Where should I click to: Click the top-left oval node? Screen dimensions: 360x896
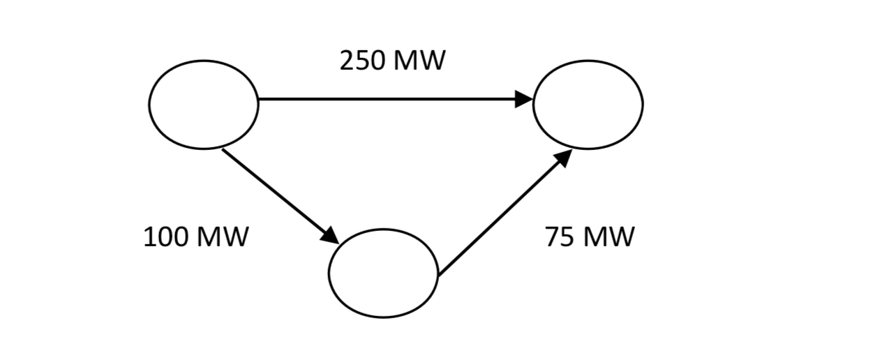coord(203,104)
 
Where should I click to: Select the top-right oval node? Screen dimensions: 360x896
coord(588,104)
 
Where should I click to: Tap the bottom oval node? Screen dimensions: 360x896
coord(383,273)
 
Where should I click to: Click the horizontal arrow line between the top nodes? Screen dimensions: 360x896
coord(384,99)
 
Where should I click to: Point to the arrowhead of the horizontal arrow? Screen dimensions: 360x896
coord(523,99)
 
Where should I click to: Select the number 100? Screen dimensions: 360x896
coord(165,237)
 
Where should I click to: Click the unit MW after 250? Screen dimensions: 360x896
coord(419,61)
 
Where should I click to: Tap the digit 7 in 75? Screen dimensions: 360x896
coord(553,237)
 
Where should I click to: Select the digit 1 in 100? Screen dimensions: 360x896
coord(149,237)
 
